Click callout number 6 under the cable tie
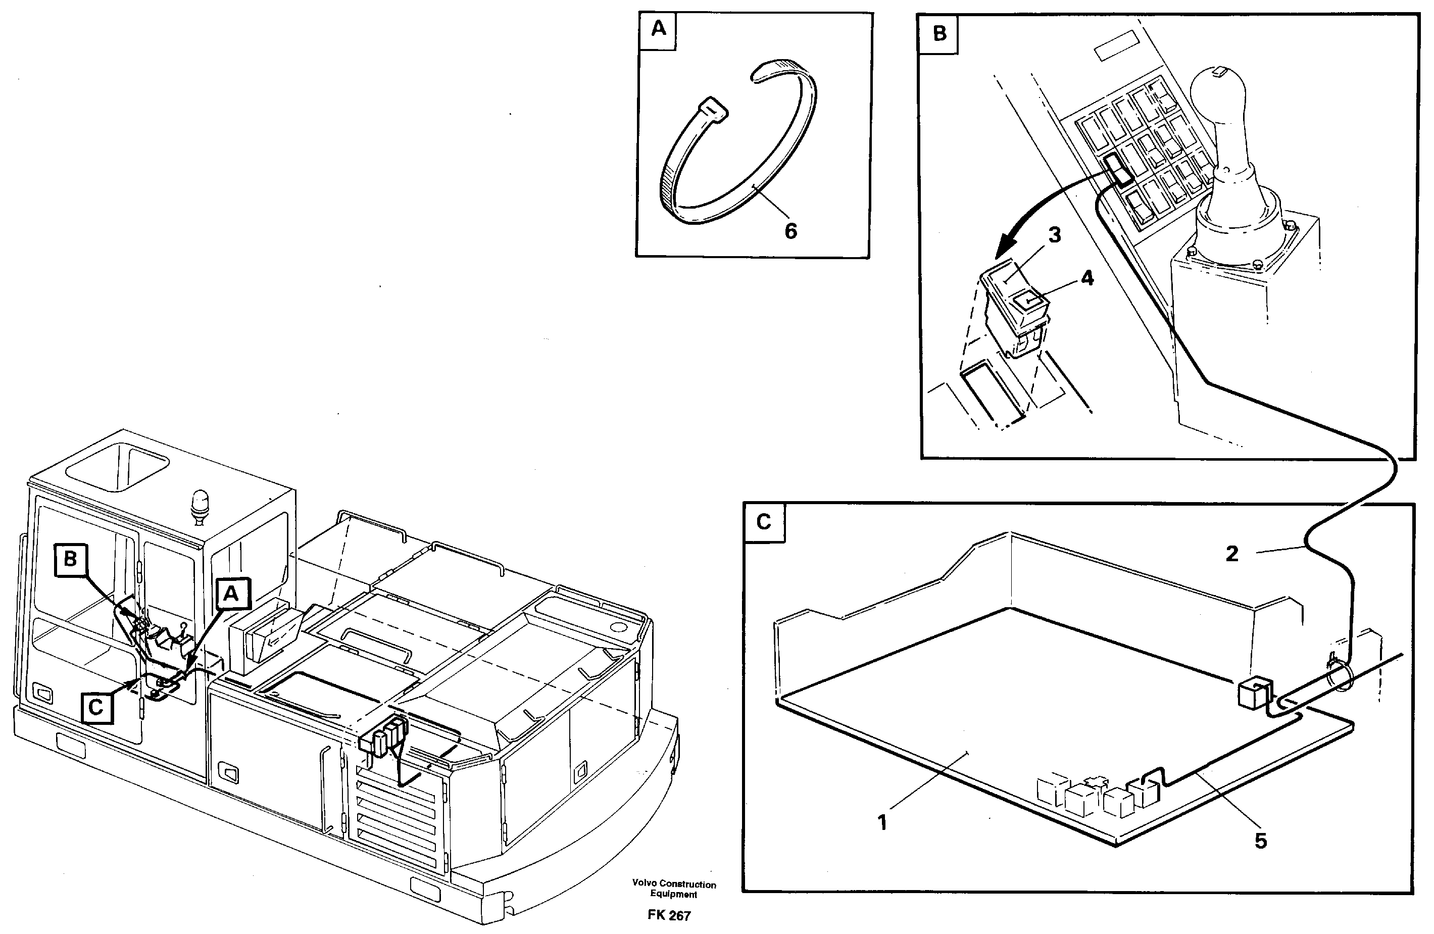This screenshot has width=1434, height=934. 790,231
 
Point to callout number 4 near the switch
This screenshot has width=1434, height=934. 1086,278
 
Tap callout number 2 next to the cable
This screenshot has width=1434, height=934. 1232,554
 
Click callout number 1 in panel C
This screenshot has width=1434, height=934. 883,822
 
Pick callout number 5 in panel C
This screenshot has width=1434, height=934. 1260,841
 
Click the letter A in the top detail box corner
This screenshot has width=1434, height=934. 659,29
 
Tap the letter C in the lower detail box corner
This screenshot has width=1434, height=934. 763,522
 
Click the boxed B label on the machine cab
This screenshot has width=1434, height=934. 71,560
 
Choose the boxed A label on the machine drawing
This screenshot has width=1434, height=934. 231,594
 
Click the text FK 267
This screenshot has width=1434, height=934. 669,916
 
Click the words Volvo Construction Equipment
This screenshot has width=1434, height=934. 674,890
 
